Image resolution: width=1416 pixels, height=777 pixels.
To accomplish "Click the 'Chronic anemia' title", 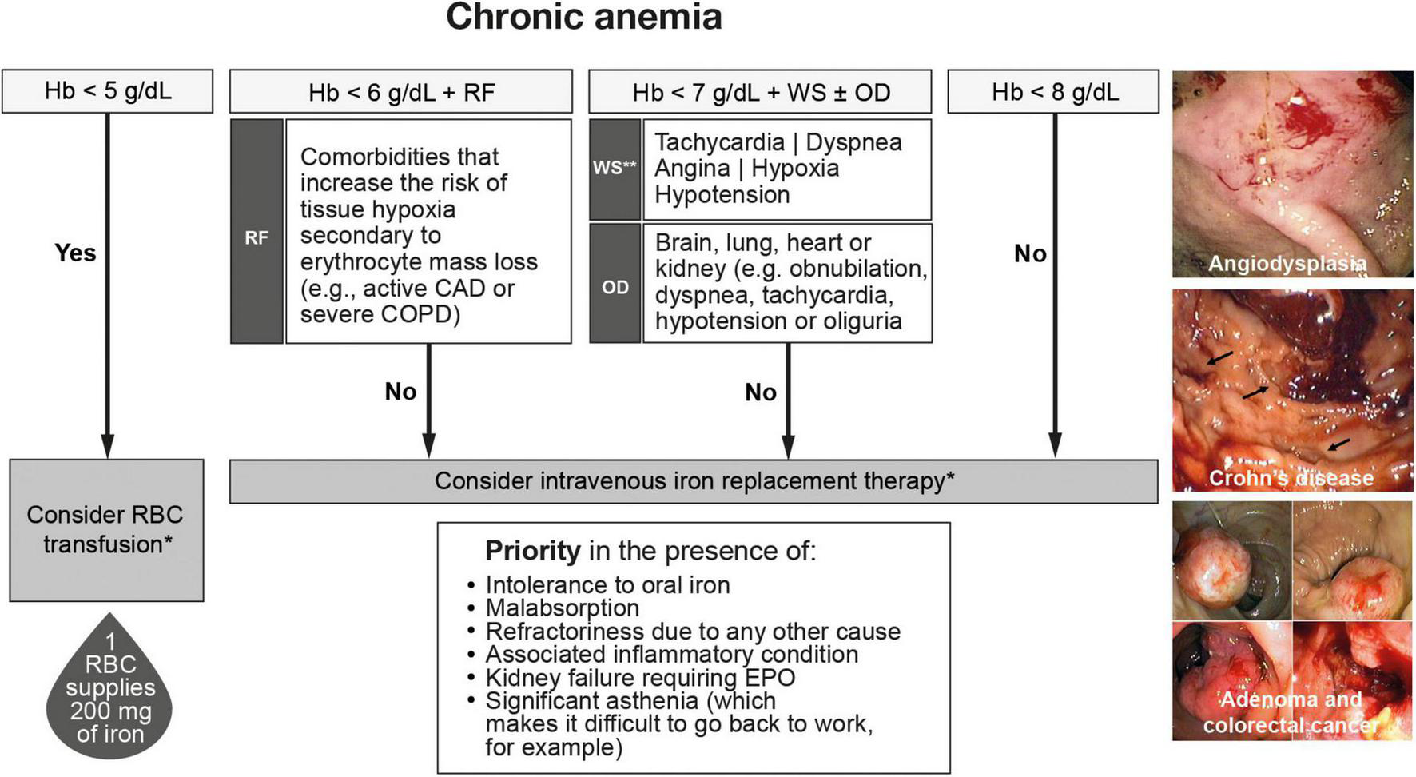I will pos(583,18).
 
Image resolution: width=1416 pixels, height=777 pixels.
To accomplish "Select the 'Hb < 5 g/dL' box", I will pos(107,91).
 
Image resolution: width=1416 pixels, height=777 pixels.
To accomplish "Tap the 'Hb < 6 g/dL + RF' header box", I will pos(401,92).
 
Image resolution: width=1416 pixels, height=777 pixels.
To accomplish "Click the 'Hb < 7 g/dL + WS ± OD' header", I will pos(760,92).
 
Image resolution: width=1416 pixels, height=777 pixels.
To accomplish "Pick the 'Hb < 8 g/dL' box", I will pos(1053,92).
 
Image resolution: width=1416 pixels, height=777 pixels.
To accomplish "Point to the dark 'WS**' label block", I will pos(615,169).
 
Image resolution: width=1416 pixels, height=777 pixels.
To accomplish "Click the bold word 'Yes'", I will pos(75,253).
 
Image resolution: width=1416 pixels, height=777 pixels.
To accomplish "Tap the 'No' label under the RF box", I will pos(400,392).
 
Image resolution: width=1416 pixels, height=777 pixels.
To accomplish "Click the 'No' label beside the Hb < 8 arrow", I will pos(1030,254).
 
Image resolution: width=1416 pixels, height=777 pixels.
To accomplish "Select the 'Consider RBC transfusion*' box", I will pos(106,530).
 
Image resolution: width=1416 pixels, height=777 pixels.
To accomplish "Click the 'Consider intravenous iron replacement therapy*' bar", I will pos(693,481).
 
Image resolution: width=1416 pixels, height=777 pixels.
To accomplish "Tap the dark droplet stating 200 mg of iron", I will pos(109,695).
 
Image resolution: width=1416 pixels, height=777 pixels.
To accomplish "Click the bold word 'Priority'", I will pos(532,551).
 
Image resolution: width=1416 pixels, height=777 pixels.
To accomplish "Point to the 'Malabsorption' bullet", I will pos(562,608).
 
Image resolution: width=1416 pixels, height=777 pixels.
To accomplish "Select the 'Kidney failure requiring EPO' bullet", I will pos(639,678).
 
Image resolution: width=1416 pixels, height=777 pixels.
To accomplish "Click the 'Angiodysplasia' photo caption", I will pos(1287,264).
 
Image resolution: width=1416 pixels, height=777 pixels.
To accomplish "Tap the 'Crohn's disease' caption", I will pos(1291,478).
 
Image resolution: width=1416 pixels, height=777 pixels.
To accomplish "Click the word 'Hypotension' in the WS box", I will pos(722,195).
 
